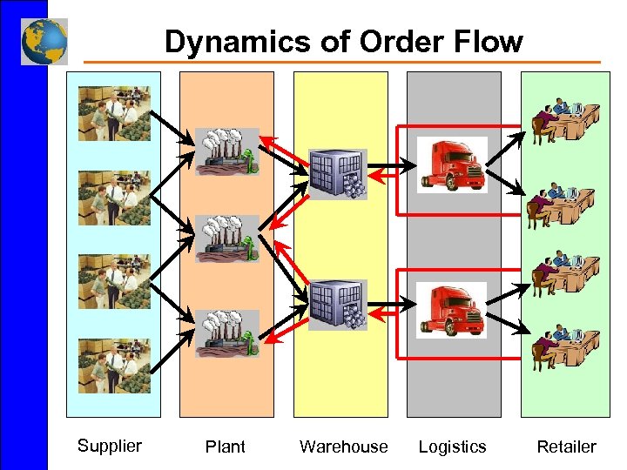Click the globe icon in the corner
(x=44, y=42)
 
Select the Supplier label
(x=109, y=446)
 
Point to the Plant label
(x=226, y=446)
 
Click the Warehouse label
(x=343, y=446)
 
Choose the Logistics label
(x=452, y=446)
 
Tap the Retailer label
(x=566, y=446)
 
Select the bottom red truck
(x=451, y=310)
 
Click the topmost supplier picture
(x=114, y=113)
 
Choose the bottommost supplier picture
(x=114, y=366)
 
